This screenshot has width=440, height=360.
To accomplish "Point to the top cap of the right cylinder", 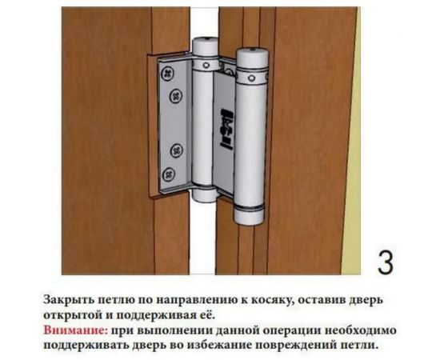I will (250, 56).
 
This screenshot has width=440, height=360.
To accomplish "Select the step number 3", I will (385, 262).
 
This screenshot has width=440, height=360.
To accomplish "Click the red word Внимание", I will (72, 330).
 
